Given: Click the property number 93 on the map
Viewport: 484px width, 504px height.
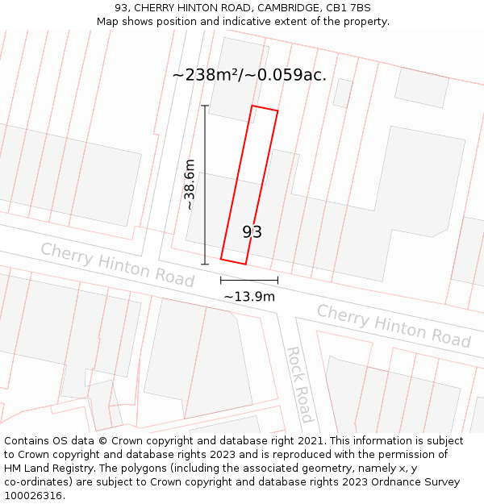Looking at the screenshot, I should coord(252,232).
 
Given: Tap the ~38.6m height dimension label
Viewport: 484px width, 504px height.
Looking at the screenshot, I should coord(190,185).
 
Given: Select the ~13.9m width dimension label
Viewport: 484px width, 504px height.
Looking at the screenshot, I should coord(249,297).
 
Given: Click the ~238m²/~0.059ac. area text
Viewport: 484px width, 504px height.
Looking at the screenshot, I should coord(249,75).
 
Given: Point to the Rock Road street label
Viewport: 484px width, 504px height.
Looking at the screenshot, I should coord(299,385).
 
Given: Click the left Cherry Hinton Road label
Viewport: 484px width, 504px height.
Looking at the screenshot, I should coord(118,264).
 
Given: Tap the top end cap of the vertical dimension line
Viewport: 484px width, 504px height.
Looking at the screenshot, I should coord(205,106).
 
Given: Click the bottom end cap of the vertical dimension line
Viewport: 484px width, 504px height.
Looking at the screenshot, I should coord(205,264).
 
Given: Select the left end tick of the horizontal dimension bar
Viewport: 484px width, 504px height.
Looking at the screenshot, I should coord(221,280).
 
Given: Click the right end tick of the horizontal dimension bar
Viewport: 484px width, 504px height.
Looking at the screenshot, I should coord(277,280).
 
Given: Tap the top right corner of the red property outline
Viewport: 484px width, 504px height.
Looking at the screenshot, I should coord(277,111).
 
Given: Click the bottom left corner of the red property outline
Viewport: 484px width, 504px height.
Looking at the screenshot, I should coord(221,259).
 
